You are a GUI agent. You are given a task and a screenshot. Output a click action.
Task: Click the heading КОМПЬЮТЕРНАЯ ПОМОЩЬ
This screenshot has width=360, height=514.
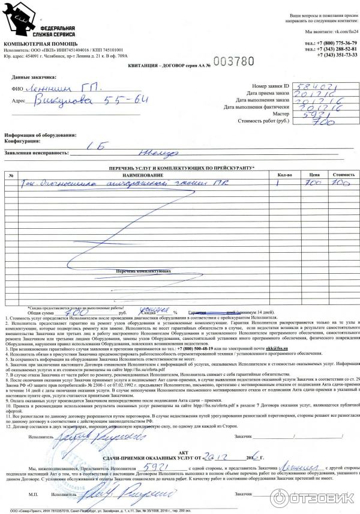click(x=40, y=44)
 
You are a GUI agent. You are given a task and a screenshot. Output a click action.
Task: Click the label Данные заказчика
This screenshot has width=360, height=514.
click(x=34, y=77)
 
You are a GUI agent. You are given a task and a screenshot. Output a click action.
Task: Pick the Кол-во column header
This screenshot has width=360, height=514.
click(x=284, y=175)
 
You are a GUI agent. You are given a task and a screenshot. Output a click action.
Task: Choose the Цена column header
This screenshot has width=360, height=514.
click(x=313, y=175)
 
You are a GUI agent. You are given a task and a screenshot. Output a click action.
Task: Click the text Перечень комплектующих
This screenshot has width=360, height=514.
click(x=139, y=271)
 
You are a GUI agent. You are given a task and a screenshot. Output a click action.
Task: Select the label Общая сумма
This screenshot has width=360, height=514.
click(x=41, y=313)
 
